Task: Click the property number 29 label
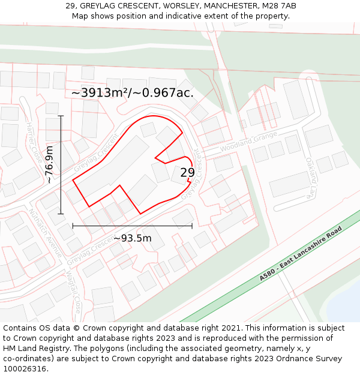(187, 173)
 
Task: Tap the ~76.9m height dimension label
(49, 164)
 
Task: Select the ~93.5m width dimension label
(132, 238)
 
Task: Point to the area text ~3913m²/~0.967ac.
(132, 93)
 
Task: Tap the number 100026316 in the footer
(26, 368)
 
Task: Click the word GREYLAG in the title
(102, 6)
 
